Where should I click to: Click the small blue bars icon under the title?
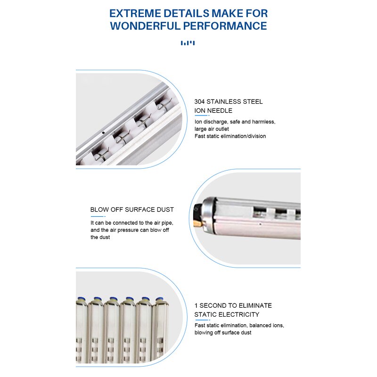tap(188, 43)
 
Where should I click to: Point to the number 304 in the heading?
tap(200, 101)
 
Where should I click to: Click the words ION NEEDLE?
tap(213, 111)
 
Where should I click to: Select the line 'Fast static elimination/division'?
tap(230, 136)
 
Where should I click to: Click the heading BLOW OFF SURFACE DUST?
tap(132, 210)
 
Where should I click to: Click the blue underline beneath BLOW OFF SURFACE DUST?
tap(97, 216)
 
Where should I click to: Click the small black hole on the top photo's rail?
tap(103, 133)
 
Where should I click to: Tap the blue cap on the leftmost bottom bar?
tap(81, 300)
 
